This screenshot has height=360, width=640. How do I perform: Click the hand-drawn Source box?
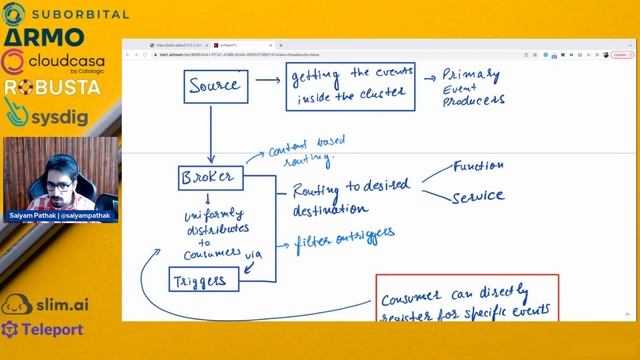[214, 86]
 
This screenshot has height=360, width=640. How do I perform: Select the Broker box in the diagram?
[209, 178]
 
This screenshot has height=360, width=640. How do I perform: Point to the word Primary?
[471, 75]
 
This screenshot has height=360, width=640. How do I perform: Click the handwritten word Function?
[478, 166]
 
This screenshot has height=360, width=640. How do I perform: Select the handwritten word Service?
[478, 196]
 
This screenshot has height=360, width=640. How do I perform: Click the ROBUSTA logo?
[52, 87]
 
